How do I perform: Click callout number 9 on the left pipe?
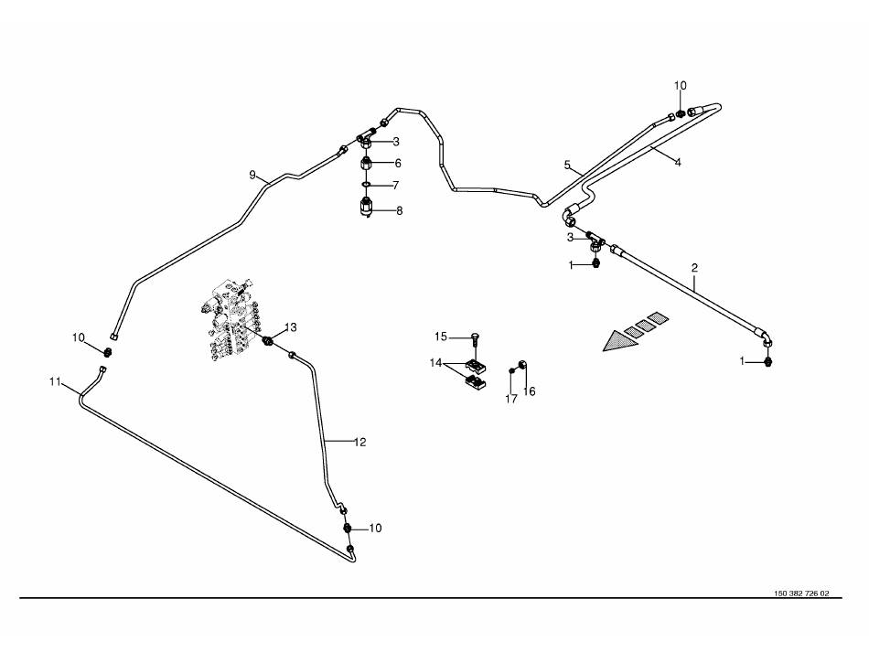pyautogui.click(x=252, y=174)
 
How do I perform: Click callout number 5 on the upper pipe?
pyautogui.click(x=567, y=165)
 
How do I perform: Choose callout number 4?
pyautogui.click(x=678, y=162)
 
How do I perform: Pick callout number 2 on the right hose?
pyautogui.click(x=695, y=268)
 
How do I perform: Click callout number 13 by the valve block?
pyautogui.click(x=291, y=327)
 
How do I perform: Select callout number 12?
pyautogui.click(x=359, y=442)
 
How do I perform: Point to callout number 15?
pyautogui.click(x=440, y=337)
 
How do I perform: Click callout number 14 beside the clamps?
pyautogui.click(x=436, y=363)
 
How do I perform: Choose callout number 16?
pyautogui.click(x=530, y=391)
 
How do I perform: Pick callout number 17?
pyautogui.click(x=512, y=398)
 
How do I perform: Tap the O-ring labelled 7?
pyautogui.click(x=365, y=186)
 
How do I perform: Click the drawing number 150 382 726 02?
pyautogui.click(x=801, y=593)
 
